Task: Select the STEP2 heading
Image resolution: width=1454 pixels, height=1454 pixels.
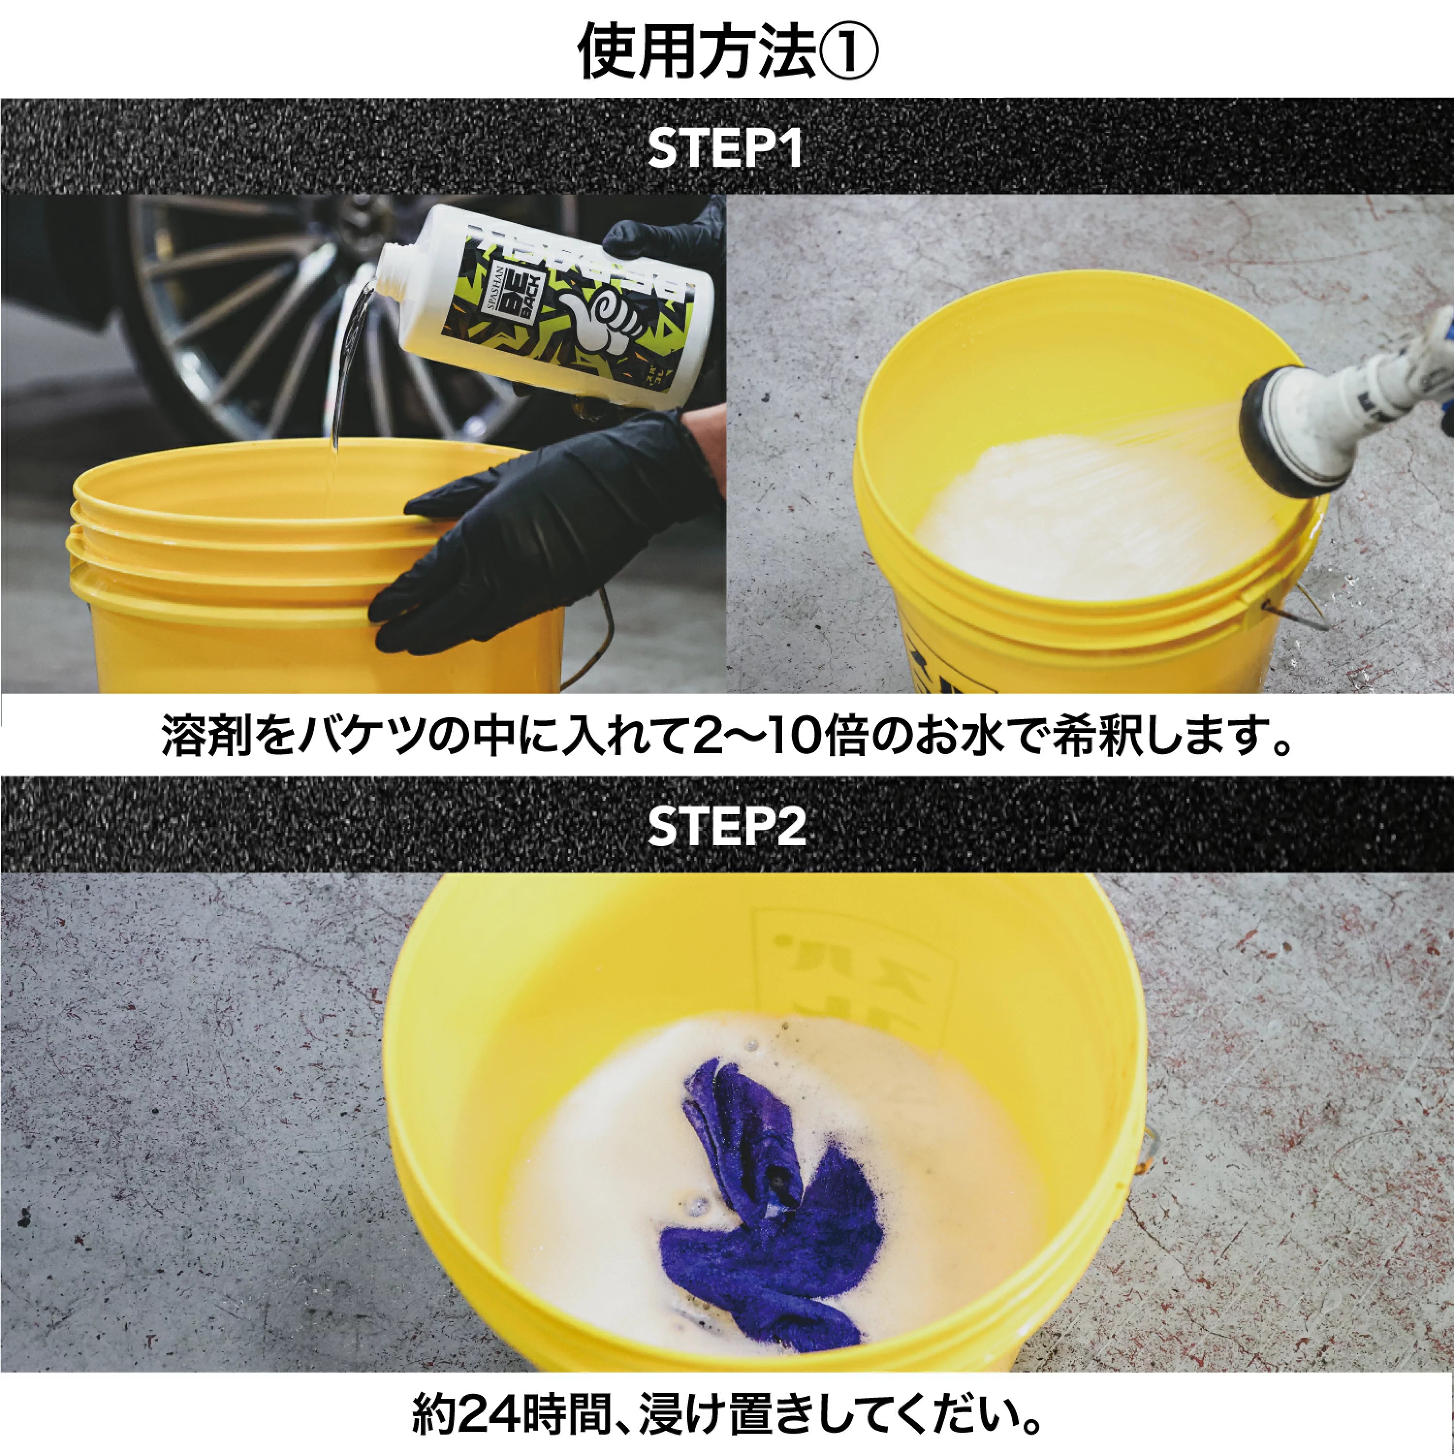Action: click(726, 827)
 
